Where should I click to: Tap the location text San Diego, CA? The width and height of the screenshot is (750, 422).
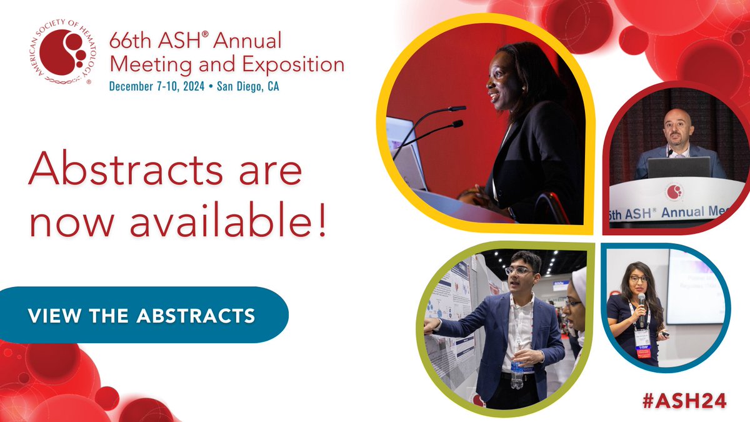click(247, 87)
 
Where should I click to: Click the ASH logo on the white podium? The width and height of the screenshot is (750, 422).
click(674, 192)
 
